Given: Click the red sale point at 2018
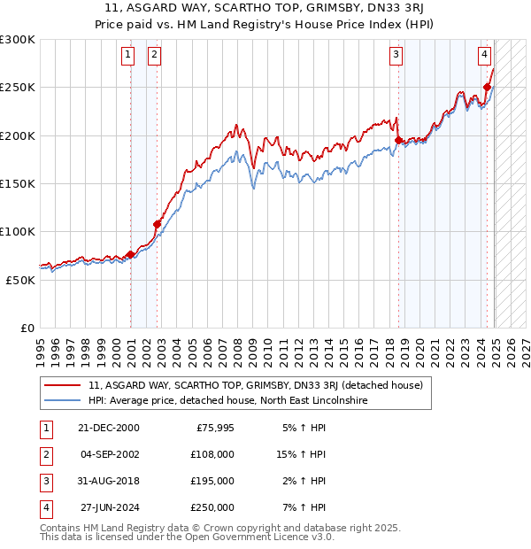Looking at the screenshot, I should tap(398, 140).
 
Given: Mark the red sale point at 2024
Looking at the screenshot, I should tap(488, 87).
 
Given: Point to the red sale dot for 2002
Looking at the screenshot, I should tap(157, 224).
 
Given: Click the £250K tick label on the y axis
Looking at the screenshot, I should tap(18, 88).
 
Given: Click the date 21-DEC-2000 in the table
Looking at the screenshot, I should tap(109, 428).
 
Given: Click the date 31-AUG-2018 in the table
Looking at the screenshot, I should tap(110, 481).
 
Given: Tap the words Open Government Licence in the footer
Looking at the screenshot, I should tap(258, 537).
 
